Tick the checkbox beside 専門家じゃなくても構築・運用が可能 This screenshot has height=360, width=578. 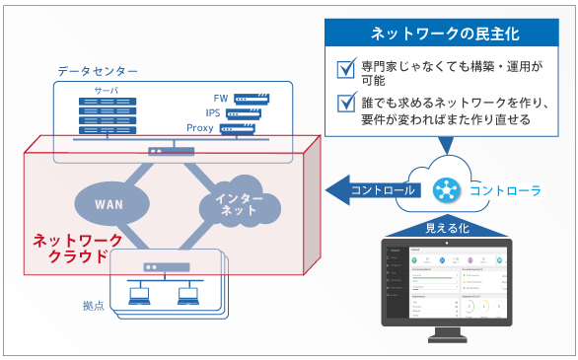click(345, 69)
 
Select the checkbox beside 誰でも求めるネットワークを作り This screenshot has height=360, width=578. click(345, 102)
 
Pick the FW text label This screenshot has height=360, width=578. click(219, 99)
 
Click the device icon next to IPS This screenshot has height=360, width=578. click(248, 113)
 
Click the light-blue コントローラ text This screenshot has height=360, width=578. click(504, 189)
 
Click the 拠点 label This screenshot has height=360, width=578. click(96, 307)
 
